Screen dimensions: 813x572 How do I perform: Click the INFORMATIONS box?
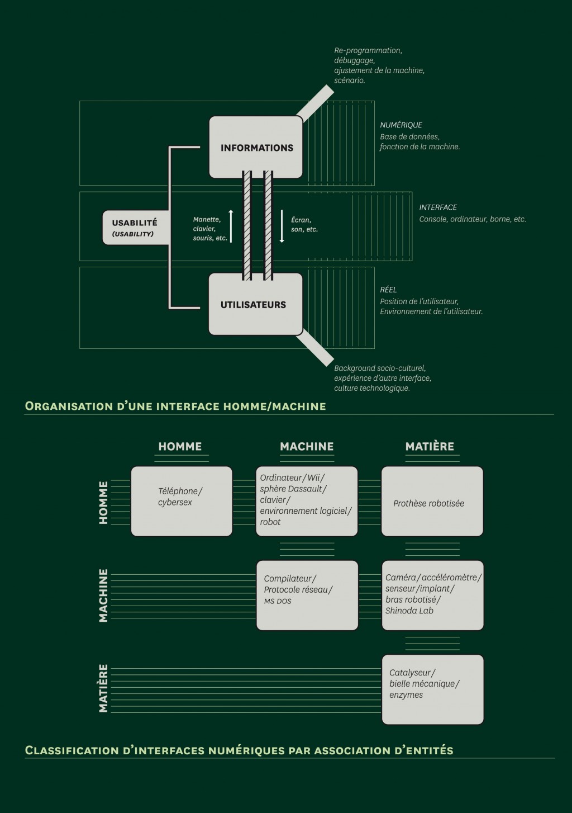pos(256,148)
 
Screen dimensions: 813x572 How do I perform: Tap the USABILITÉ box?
pos(135,228)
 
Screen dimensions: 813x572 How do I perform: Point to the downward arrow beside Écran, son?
pos(282,226)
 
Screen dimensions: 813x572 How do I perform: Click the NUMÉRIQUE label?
pos(401,125)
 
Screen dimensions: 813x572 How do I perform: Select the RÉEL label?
pos(388,290)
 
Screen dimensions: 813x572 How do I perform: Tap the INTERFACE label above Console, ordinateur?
pos(438,207)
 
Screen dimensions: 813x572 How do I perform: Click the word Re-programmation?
pos(368,50)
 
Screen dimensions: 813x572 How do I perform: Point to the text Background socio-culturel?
pos(380,368)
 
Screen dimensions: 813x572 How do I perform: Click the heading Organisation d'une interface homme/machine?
pos(175,406)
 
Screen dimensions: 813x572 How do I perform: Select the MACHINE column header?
pos(307,447)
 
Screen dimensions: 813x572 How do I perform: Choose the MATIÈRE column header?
pos(430,447)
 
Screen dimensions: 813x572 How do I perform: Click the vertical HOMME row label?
pos(103,502)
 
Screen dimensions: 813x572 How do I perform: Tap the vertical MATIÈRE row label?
pos(103,688)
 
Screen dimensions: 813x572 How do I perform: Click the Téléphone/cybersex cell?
pos(181,501)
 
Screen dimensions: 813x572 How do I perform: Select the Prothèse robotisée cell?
pos(432,501)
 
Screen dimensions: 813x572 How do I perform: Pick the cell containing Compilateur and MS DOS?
pos(307,595)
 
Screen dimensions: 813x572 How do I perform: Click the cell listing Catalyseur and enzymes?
pos(432,689)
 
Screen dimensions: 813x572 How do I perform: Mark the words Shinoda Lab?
pos(409,611)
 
